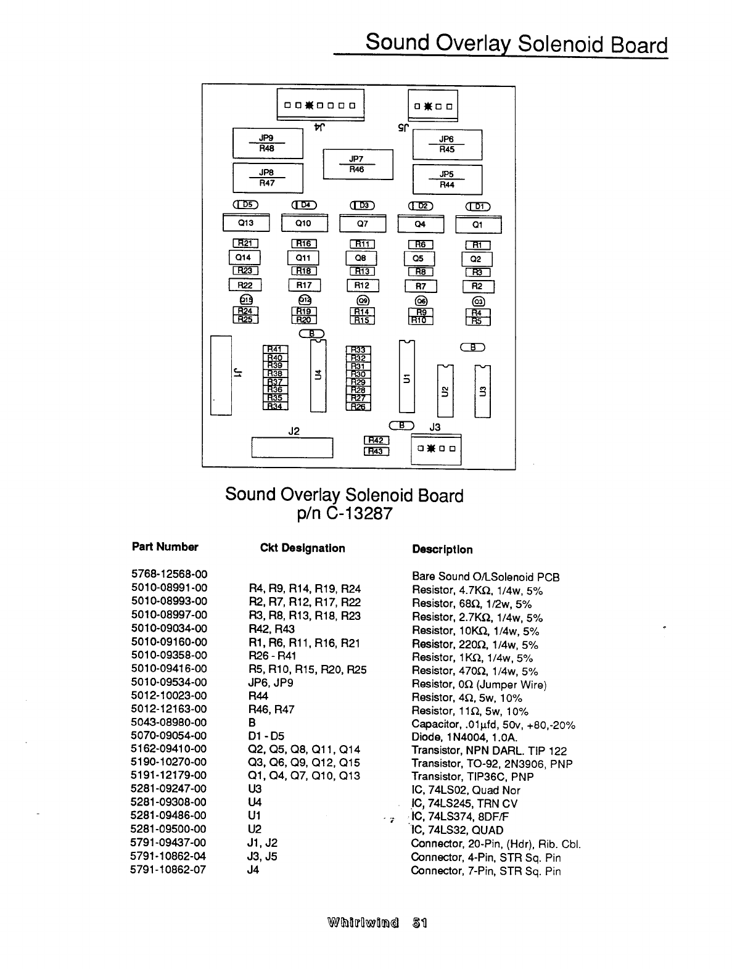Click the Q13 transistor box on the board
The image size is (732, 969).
click(x=245, y=223)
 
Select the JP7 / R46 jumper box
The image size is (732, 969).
click(x=358, y=164)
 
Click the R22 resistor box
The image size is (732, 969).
click(x=245, y=285)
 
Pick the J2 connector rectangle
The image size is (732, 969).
click(x=292, y=448)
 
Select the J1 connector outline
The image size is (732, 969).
click(x=221, y=375)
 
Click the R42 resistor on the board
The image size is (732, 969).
click(x=376, y=440)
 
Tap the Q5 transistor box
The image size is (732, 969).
click(x=419, y=259)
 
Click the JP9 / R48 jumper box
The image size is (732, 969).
click(x=267, y=144)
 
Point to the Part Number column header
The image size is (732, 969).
click(x=165, y=547)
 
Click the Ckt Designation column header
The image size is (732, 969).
click(x=302, y=548)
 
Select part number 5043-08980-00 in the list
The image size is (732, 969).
click(x=169, y=722)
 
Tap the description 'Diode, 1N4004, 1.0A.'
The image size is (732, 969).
click(x=464, y=737)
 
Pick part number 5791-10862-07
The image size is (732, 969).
click(x=169, y=870)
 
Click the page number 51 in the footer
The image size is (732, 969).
click(x=420, y=923)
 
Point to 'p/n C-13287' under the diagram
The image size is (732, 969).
click(x=343, y=514)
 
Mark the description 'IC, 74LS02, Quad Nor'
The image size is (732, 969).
click(x=466, y=790)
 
